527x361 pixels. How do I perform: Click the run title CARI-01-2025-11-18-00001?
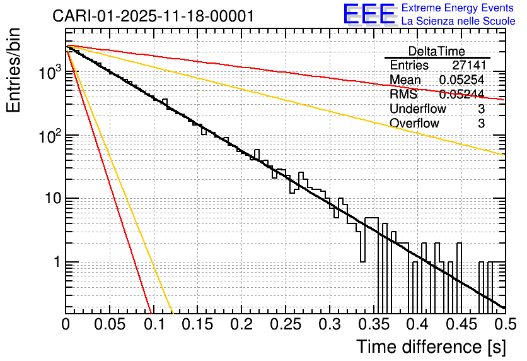click(x=154, y=16)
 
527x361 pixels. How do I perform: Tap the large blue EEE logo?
click(x=368, y=15)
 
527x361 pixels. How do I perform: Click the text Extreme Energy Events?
click(x=458, y=8)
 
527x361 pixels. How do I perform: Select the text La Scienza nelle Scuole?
click(x=458, y=21)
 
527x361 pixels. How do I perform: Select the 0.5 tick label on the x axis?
click(x=504, y=325)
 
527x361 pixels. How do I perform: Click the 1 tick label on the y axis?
click(x=56, y=262)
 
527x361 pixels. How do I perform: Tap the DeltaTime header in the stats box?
click(x=436, y=51)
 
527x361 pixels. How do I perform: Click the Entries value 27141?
click(x=468, y=66)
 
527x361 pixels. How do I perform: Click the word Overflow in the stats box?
click(x=414, y=123)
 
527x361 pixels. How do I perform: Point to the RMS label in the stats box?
click(x=404, y=95)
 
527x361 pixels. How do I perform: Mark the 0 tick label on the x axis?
click(x=66, y=325)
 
